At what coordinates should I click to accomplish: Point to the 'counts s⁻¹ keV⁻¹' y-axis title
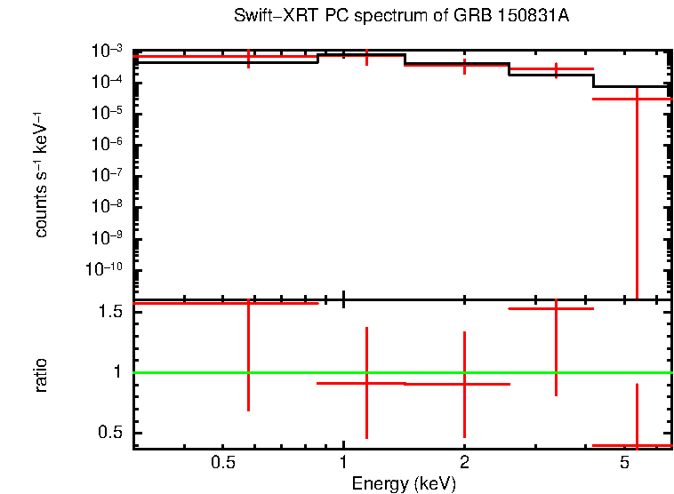(x=42, y=173)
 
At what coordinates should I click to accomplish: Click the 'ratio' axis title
(x=42, y=374)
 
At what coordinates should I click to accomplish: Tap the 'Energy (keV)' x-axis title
(x=403, y=483)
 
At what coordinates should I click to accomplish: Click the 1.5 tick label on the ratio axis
(x=110, y=312)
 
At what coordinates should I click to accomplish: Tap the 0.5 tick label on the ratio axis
(x=110, y=433)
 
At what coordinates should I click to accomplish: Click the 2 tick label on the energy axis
(x=464, y=463)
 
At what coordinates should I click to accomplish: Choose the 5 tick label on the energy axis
(x=624, y=463)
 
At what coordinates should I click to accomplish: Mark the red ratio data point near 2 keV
(x=464, y=384)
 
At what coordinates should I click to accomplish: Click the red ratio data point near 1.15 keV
(x=366, y=383)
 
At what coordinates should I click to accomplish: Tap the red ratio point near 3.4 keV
(x=556, y=308)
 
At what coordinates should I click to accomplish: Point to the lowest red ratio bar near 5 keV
(x=637, y=445)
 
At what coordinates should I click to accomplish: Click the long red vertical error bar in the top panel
(x=637, y=195)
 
